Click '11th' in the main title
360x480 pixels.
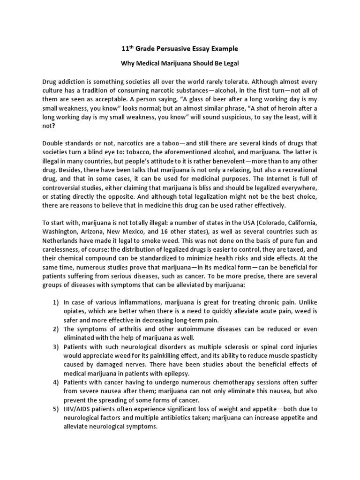pos(127,48)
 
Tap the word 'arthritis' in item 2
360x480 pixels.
pos(122,328)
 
